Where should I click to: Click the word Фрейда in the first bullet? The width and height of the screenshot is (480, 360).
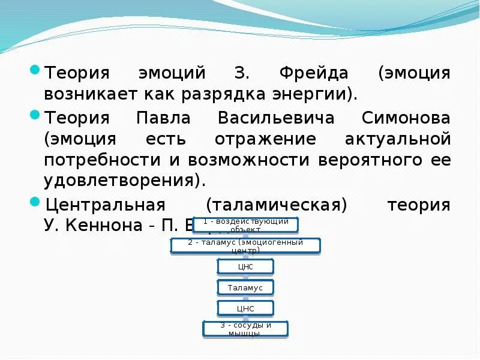click(314, 74)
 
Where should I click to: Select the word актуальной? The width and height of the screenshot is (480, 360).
click(397, 139)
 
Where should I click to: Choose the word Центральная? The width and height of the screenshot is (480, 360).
click(105, 205)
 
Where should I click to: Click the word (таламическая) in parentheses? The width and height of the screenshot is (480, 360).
click(277, 205)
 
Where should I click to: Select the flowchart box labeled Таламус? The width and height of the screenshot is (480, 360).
click(245, 287)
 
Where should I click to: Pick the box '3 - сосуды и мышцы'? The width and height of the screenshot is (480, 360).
click(245, 329)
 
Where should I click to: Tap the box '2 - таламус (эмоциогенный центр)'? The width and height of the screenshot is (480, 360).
click(245, 245)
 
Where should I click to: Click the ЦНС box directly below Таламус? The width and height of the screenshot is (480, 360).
click(245, 308)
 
